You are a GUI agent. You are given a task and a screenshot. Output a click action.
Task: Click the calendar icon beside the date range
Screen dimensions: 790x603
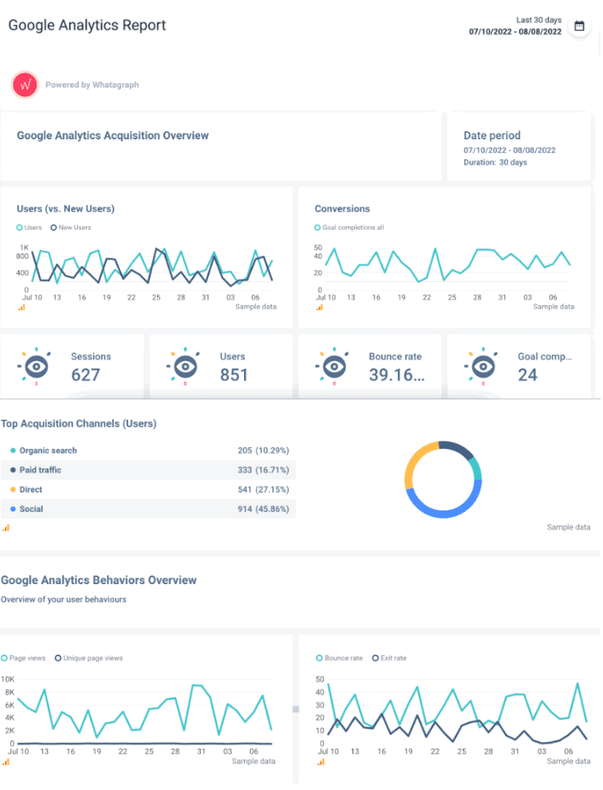(579, 26)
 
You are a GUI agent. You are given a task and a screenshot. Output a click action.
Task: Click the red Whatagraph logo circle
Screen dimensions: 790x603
(25, 84)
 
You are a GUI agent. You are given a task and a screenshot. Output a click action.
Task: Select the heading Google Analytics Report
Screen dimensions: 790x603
(88, 25)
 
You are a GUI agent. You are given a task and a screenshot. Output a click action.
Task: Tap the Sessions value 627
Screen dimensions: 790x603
(85, 374)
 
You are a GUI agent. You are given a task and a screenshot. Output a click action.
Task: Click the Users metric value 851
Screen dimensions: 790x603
(234, 374)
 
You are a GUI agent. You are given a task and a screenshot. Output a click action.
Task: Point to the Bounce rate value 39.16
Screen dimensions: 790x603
(396, 374)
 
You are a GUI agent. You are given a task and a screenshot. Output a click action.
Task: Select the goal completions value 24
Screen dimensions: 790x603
(528, 374)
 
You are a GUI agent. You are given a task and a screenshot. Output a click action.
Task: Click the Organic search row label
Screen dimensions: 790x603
(48, 451)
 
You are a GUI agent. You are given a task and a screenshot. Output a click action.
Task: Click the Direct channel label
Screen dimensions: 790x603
(31, 489)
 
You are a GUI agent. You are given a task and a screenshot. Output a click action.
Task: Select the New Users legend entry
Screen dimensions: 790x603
(71, 228)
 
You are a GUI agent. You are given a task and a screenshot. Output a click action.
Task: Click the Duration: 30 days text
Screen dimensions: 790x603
(495, 162)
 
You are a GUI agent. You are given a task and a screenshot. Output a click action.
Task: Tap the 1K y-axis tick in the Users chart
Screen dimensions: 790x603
(24, 247)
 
